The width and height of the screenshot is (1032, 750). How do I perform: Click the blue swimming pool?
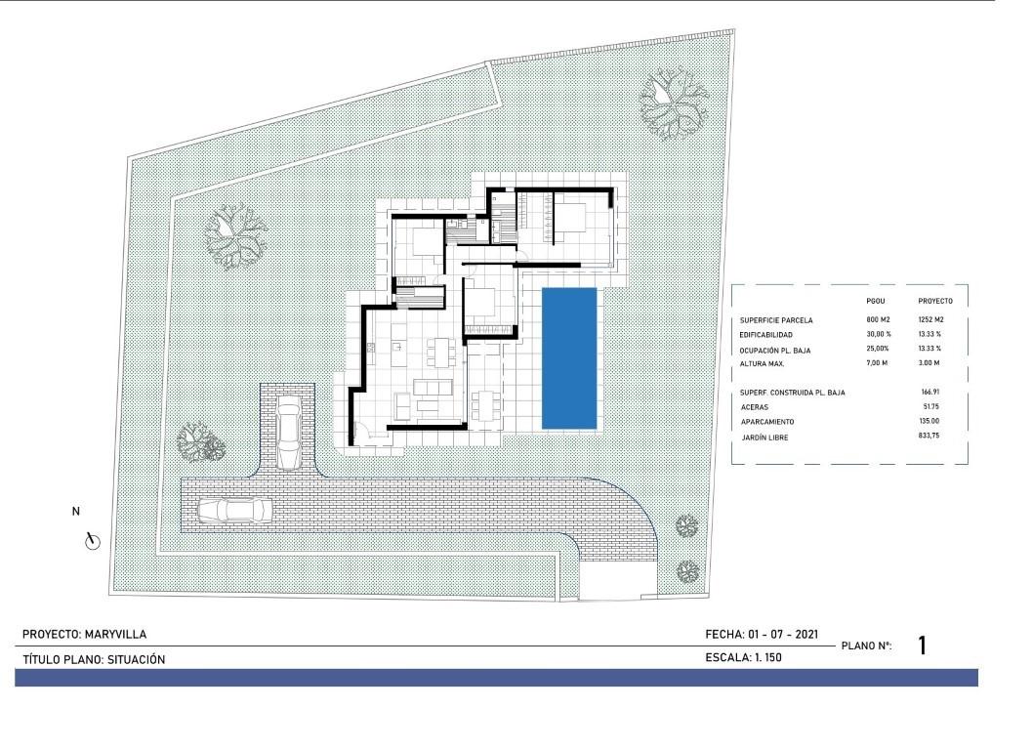pos(570,357)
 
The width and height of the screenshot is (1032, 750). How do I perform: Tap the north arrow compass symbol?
pos(93,540)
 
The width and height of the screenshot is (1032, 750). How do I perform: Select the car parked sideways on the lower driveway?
pos(234,510)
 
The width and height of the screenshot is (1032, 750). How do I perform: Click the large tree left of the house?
pos(234,235)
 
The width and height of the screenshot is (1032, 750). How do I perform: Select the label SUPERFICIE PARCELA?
pos(777,320)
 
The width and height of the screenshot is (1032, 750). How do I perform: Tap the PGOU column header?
pos(875,301)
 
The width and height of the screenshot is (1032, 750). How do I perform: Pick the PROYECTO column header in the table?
pos(935,301)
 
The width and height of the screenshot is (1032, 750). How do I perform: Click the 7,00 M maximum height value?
pos(878,363)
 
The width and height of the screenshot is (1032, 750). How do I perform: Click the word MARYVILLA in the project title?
pos(116,635)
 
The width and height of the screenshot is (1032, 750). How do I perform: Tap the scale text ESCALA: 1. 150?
pos(743,658)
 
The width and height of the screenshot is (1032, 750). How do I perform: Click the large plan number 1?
pos(923,646)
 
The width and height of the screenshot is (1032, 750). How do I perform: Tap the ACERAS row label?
pos(755,406)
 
